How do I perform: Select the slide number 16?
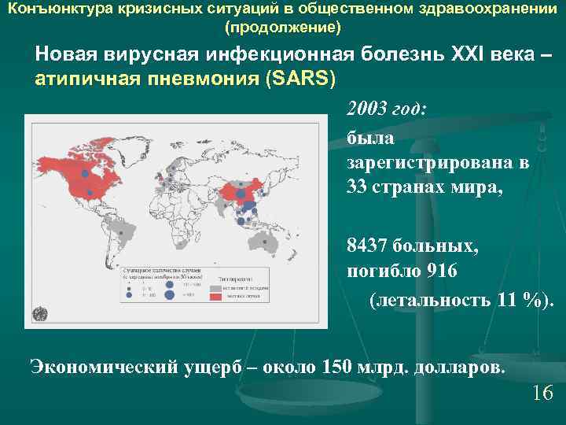pos(542,393)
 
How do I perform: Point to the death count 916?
pos(440,271)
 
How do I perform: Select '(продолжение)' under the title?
pos(283,28)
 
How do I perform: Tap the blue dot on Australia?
pos(277,245)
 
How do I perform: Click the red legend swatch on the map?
pos(215,297)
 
